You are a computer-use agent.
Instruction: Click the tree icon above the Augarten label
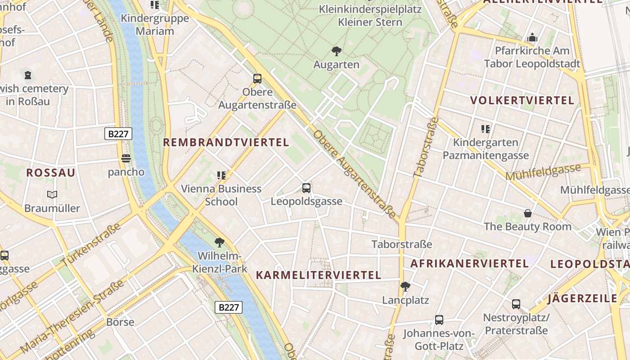[x=336, y=51]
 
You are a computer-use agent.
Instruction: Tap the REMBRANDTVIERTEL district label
[x=225, y=143]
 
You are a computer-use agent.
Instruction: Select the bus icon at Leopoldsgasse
[x=306, y=188]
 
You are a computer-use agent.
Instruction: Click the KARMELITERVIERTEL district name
[x=318, y=275]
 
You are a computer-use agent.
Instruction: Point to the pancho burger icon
[x=126, y=158]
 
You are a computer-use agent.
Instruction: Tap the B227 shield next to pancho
[x=118, y=134]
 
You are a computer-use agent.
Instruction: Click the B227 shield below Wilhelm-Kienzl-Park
[x=229, y=307]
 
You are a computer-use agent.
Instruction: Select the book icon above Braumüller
[x=52, y=194]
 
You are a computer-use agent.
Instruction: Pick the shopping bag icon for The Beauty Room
[x=527, y=213]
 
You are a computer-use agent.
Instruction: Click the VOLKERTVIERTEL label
[x=522, y=100]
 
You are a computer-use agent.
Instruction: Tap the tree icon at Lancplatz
[x=405, y=286]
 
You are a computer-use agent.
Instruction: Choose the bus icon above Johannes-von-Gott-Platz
[x=439, y=320]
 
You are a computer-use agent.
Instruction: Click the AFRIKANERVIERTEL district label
[x=469, y=264]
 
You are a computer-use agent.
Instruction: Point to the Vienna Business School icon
[x=221, y=175]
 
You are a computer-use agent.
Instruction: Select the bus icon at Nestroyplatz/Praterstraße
[x=516, y=304]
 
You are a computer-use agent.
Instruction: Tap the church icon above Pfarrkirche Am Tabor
[x=532, y=37]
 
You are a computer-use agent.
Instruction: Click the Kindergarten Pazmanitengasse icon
[x=485, y=129]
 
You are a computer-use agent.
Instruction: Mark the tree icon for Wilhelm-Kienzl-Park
[x=220, y=243]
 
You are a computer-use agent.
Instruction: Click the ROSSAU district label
[x=50, y=173]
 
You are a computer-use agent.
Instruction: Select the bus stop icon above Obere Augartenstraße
[x=257, y=79]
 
